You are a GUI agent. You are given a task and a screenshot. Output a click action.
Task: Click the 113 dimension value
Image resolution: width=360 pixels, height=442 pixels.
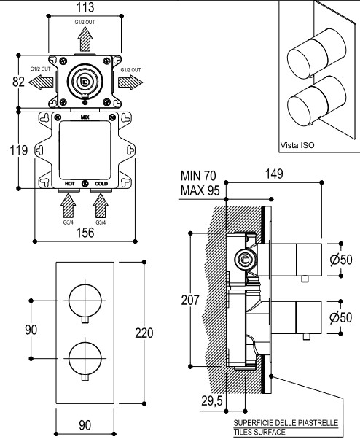coord(85,7)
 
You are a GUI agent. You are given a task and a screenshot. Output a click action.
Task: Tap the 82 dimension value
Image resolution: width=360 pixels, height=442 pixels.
coord(19,82)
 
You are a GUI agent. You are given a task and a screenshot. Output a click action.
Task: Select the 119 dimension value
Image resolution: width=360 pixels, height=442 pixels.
coord(19,150)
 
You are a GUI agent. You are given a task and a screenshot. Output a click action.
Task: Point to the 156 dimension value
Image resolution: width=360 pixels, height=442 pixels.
coord(85,233)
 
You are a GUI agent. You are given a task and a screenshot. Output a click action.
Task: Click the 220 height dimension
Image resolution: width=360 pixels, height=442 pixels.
coord(144,333)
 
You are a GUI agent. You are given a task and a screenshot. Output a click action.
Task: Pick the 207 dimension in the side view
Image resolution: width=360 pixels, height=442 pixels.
coord(190,301)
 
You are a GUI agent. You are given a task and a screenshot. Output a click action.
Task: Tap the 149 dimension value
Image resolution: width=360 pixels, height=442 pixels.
coord(274,174)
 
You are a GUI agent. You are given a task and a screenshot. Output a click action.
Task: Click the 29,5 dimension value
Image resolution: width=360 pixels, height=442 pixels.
coord(212,401)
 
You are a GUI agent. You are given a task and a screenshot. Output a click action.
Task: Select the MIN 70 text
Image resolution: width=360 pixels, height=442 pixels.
coord(198,176)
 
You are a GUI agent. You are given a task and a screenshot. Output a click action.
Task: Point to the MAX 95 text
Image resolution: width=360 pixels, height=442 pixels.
coord(200,190)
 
